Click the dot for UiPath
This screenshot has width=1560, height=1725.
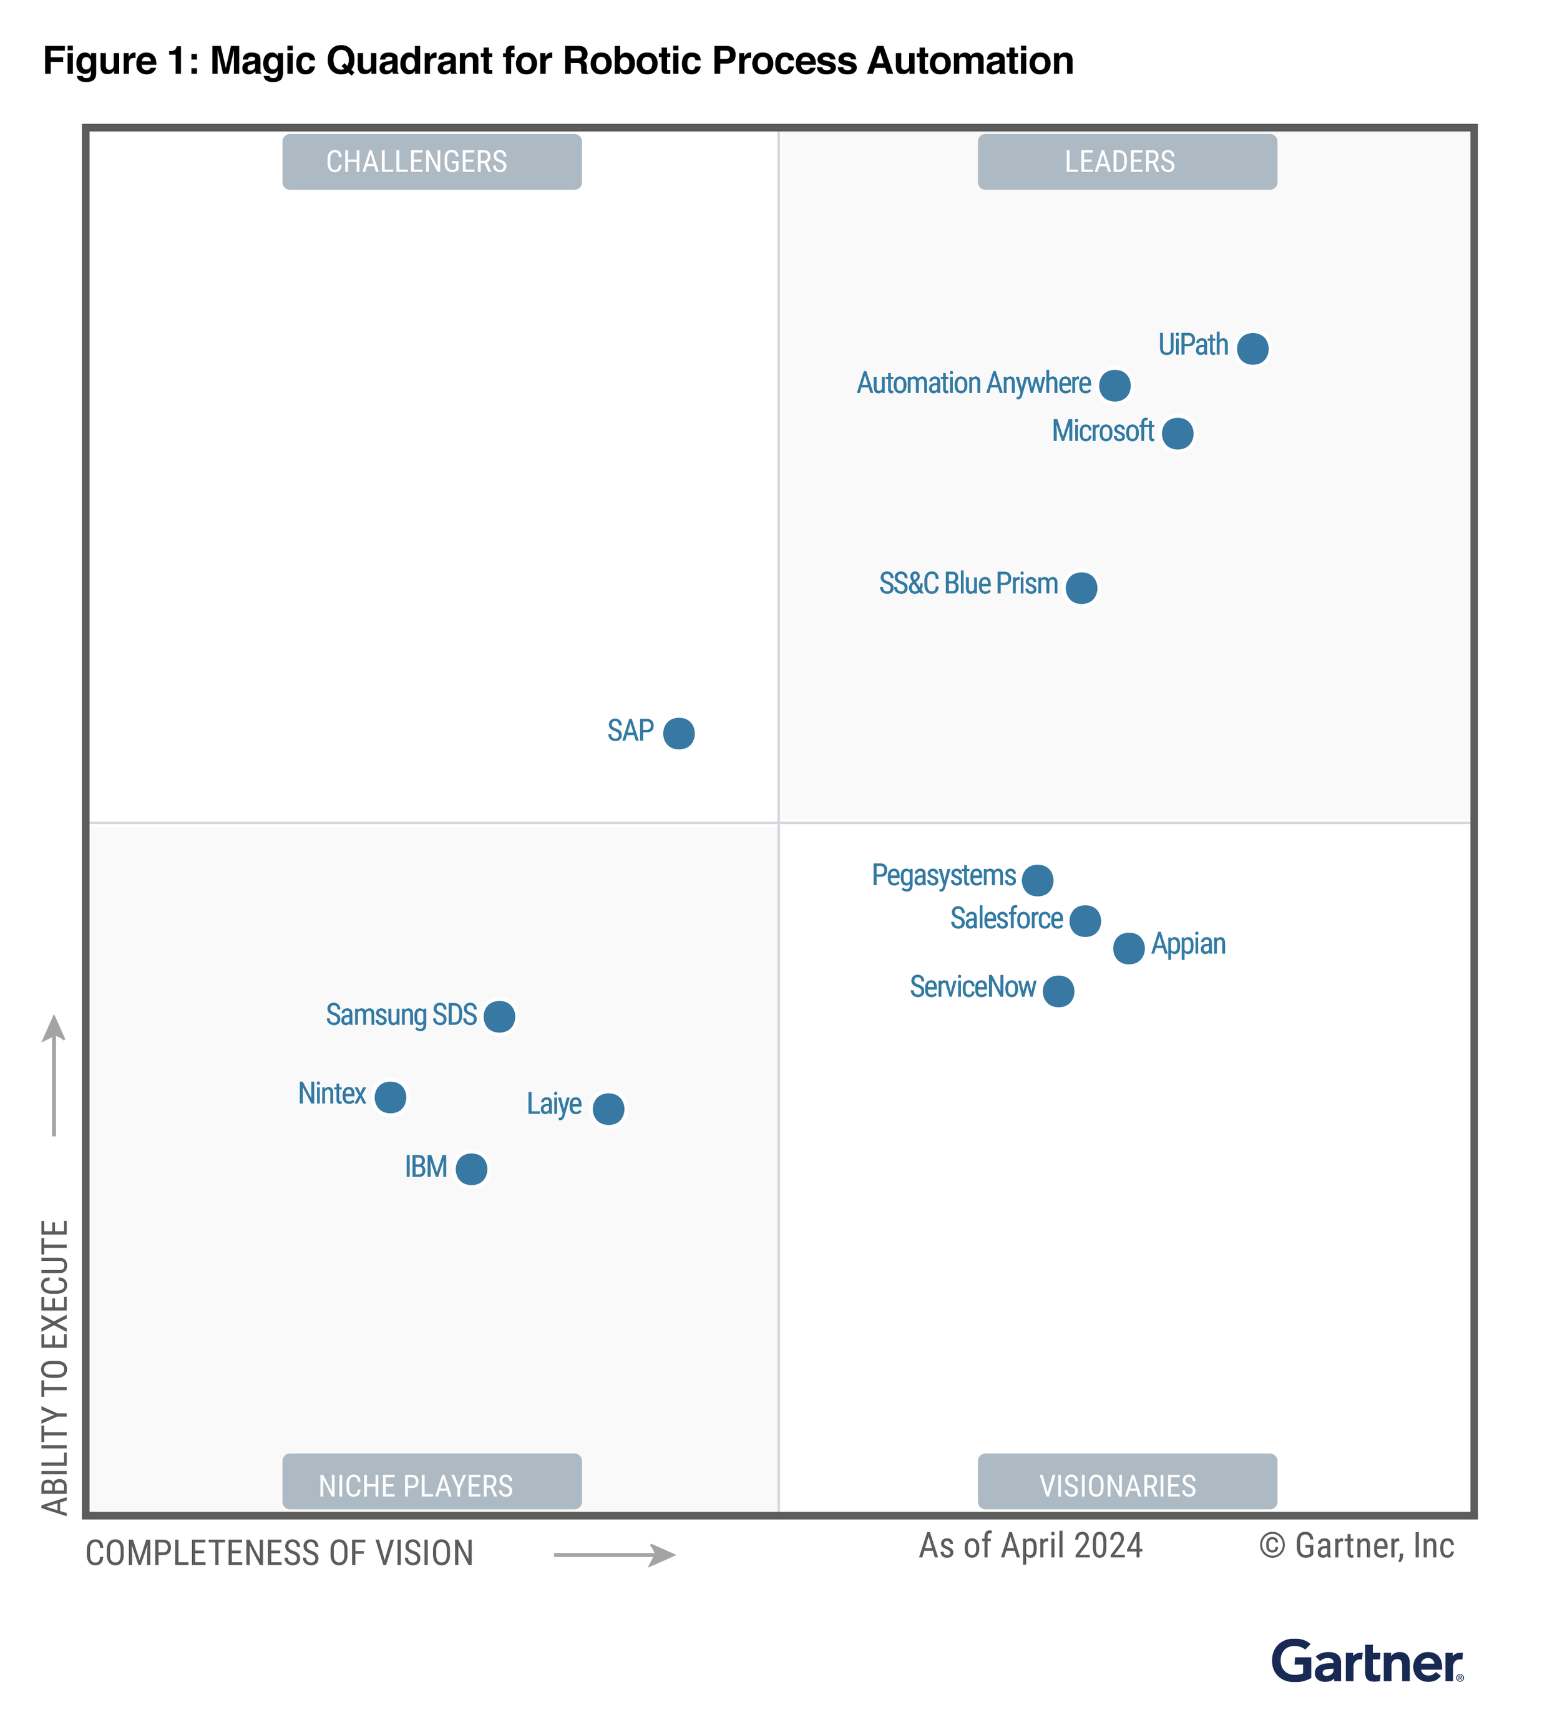coord(1252,348)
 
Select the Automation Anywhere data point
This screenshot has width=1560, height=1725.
coord(1114,385)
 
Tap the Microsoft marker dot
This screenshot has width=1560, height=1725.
coord(1177,433)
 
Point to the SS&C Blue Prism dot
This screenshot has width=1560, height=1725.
coord(1081,588)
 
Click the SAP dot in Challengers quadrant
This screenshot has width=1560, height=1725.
coord(678,732)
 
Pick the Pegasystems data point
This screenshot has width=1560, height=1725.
coord(1037,879)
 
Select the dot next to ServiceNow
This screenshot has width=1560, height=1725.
coord(1058,990)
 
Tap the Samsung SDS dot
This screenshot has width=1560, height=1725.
coord(499,1016)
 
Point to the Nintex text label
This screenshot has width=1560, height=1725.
coord(332,1094)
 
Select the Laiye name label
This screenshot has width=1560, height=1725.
coord(553,1104)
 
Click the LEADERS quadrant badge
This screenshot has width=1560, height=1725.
coord(1126,162)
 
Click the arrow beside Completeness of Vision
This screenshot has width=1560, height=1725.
coord(615,1554)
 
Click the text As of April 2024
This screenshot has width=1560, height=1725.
coord(1030,1546)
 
